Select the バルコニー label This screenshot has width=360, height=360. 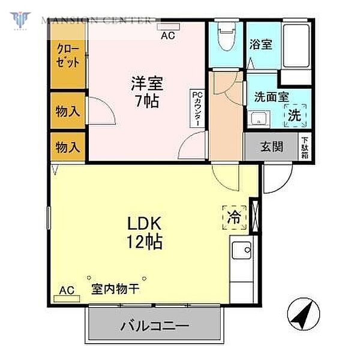pos(155,327)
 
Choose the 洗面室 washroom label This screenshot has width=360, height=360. pos(272,96)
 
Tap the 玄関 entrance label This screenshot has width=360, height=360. pos(271,147)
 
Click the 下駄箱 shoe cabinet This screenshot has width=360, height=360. pos(305,146)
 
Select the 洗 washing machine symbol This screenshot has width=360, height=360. pos(295,115)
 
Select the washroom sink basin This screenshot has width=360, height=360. pos(260,118)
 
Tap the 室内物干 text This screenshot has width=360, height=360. pos(115,289)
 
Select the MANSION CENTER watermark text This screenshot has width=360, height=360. pos(96,20)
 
